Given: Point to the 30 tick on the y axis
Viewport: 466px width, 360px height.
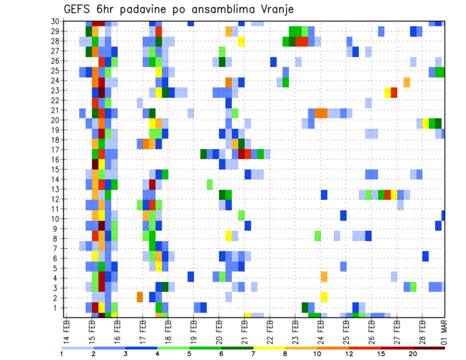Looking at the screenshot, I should tap(55, 21).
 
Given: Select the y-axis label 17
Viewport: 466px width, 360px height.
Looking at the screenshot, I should tap(55, 149).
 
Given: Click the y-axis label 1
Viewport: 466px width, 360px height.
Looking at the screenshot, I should tap(57, 307).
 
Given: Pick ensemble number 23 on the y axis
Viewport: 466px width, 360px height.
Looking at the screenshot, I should tap(55, 90).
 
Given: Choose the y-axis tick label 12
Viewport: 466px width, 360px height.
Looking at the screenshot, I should tap(55, 199).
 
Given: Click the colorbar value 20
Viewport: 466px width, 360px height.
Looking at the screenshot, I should tap(413, 354).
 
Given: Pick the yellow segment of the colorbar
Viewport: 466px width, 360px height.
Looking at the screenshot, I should tap(269, 347).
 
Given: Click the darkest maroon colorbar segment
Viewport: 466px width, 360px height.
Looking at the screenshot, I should tap(429, 347).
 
